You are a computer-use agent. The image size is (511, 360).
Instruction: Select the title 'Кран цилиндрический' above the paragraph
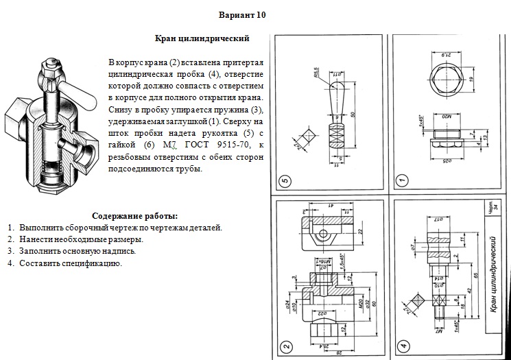[202, 39]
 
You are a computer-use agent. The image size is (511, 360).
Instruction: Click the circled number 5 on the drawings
[286, 181]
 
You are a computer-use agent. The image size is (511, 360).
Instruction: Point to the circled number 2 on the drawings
[286, 346]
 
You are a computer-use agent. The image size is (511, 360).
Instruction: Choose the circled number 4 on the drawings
[404, 346]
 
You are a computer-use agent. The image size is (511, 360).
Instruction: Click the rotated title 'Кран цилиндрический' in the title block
[492, 274]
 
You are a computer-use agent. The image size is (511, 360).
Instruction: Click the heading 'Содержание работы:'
[134, 215]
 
